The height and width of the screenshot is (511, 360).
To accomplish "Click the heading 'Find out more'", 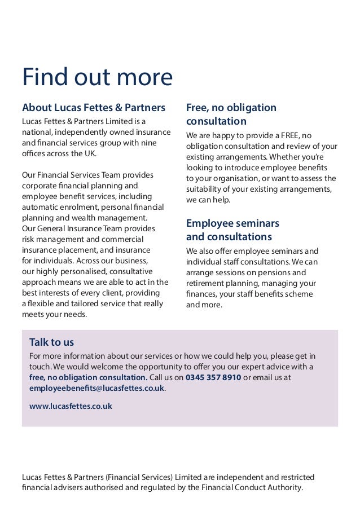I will click(97, 78).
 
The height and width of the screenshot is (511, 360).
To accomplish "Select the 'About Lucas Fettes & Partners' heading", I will click(94, 107).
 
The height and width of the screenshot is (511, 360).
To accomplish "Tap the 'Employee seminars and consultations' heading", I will click(232, 230).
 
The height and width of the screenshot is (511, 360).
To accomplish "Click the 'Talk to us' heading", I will click(51, 342).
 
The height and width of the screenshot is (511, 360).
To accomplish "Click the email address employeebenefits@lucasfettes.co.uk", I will click(96, 388).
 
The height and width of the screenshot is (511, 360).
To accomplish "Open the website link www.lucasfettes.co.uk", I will click(71, 406).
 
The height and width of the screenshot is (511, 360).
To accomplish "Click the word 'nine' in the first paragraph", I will click(148, 143).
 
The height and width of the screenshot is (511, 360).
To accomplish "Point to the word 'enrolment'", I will click(77, 207).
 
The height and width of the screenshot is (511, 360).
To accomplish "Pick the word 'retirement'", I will click(207, 283).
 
